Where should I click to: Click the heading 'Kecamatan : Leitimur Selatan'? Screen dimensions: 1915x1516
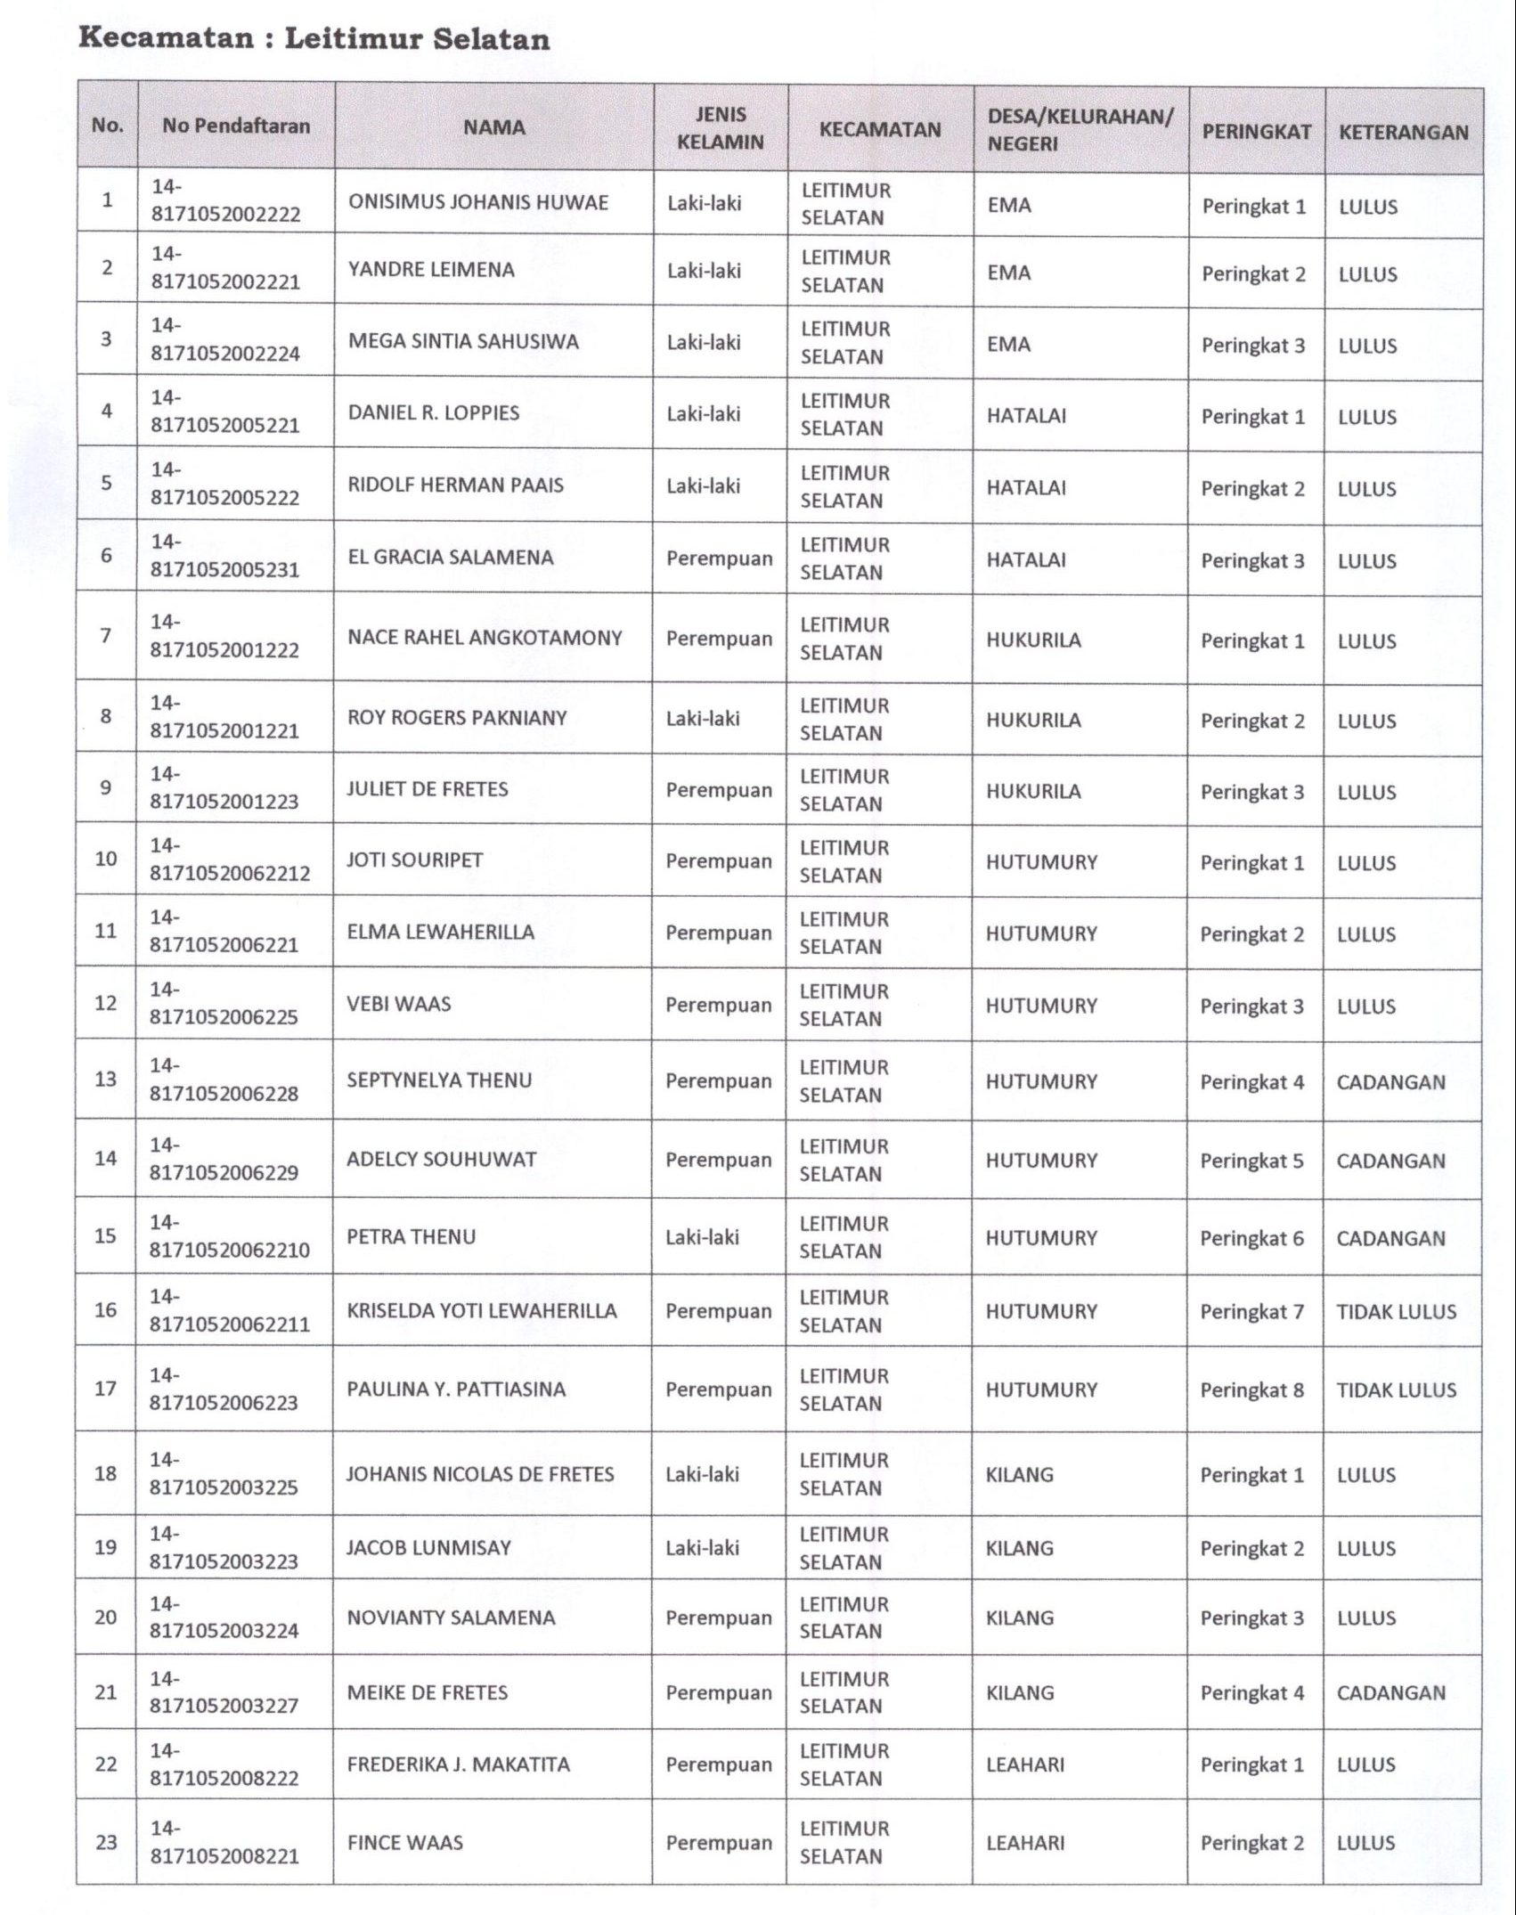(314, 39)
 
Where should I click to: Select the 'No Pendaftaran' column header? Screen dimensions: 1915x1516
(236, 126)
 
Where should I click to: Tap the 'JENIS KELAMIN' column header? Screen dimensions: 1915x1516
(720, 127)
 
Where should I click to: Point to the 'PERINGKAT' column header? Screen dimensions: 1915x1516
(1256, 132)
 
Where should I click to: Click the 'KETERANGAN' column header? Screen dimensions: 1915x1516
(1403, 133)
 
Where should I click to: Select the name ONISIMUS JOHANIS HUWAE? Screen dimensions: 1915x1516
(478, 202)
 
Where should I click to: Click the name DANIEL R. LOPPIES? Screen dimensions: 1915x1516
(433, 412)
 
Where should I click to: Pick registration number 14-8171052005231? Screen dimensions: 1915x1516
(224, 556)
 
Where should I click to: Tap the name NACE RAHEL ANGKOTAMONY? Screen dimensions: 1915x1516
(485, 638)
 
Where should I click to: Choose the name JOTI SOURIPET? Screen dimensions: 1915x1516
(414, 860)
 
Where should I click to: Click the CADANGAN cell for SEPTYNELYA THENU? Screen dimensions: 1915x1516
(1390, 1082)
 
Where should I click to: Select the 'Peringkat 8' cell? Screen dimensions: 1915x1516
(1251, 1389)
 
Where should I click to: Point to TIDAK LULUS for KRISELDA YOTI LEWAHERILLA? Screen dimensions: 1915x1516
(1396, 1311)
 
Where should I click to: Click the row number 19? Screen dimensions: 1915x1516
(106, 1547)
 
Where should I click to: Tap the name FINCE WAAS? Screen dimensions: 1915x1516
(404, 1843)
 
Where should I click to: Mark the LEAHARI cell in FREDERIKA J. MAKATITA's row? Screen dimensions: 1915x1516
(1024, 1764)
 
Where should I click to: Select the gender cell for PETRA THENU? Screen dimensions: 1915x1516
(702, 1237)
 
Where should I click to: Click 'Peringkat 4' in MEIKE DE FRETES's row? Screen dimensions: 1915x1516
(1251, 1692)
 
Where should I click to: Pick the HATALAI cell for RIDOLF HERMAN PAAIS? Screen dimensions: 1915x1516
(1026, 487)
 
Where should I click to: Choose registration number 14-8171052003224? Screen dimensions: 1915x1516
(224, 1618)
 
